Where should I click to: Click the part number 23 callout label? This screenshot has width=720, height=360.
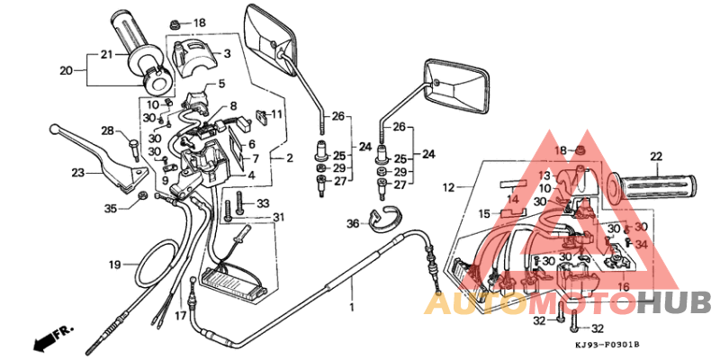(x=78, y=172)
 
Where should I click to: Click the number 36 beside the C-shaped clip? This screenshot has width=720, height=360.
(x=353, y=224)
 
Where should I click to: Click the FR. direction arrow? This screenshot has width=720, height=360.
(x=52, y=339)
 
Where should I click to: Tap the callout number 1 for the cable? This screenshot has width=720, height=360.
(x=352, y=307)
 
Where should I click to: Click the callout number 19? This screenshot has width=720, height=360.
(x=114, y=265)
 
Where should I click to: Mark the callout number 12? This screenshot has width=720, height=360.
(x=447, y=187)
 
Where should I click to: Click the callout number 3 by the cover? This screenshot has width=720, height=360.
(x=227, y=54)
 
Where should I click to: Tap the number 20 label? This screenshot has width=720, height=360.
(x=66, y=70)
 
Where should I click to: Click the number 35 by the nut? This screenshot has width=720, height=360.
(x=110, y=209)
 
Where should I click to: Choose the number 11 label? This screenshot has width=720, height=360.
(x=276, y=114)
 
